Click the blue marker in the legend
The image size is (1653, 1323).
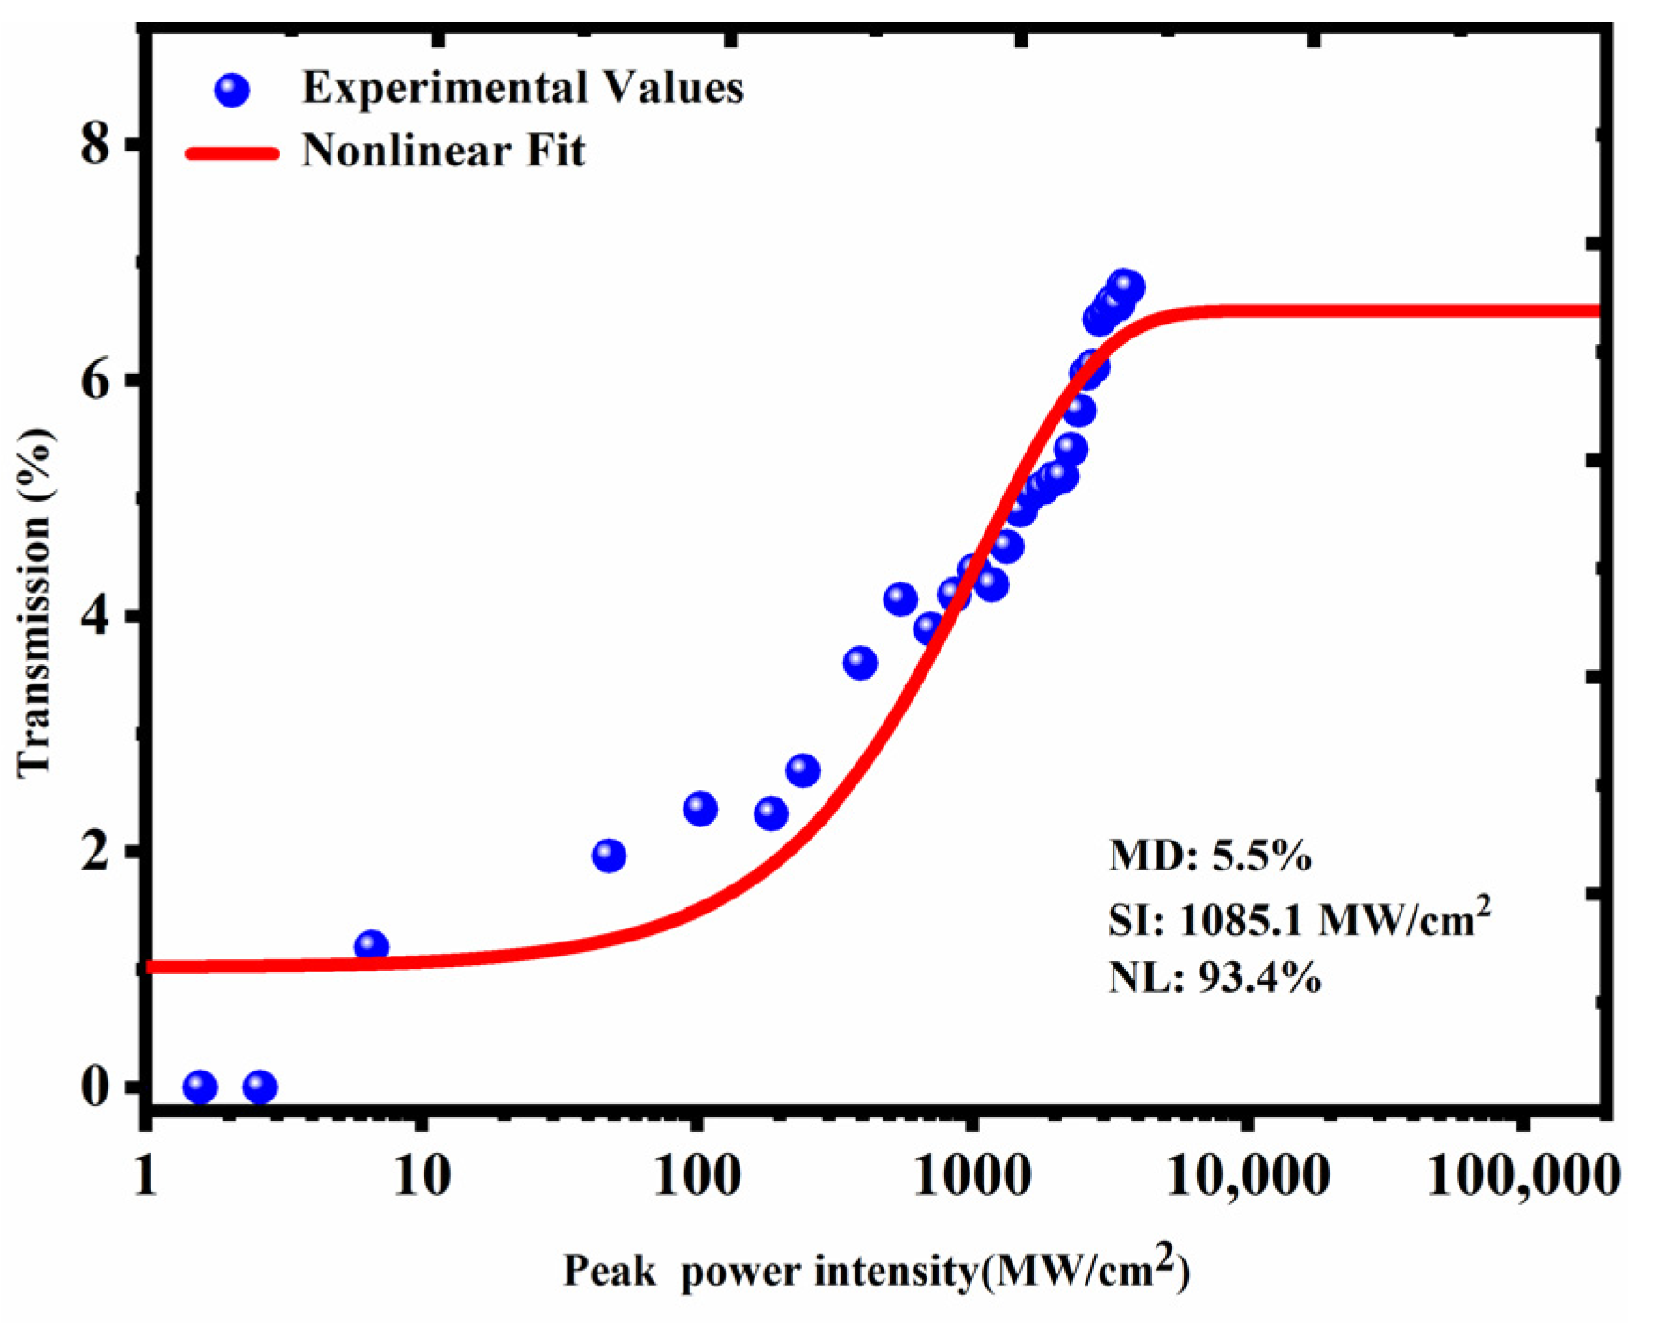[232, 91]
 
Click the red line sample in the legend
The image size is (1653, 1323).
[233, 153]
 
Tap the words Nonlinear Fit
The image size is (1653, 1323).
[443, 151]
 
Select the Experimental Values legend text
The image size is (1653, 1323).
[523, 89]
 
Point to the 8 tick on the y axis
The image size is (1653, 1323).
[96, 145]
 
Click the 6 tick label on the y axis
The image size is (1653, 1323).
[96, 381]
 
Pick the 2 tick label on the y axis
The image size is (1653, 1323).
[96, 852]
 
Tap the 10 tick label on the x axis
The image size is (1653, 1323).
[421, 1175]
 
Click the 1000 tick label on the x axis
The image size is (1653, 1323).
[973, 1175]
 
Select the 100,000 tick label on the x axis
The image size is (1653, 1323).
[1522, 1175]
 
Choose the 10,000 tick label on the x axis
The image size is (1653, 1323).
[1247, 1175]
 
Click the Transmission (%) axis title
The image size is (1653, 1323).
[34, 603]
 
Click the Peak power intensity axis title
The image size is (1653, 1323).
[876, 1270]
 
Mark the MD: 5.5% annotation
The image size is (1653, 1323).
[1210, 856]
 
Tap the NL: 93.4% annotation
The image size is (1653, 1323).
[1215, 979]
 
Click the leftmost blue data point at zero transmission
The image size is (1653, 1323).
[200, 1087]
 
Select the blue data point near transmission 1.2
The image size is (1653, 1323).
[371, 946]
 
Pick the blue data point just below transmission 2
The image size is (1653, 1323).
[609, 856]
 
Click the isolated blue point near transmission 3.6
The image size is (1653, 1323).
[860, 664]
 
